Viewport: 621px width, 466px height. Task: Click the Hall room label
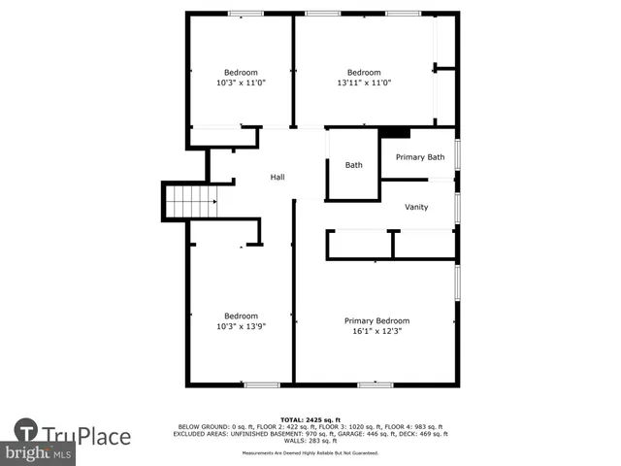278,178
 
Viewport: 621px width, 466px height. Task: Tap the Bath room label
354,165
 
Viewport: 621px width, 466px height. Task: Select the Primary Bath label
420,157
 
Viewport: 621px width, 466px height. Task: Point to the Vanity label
416,207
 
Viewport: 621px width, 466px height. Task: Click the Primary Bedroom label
376,320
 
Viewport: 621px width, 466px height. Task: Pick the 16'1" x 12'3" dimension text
376,331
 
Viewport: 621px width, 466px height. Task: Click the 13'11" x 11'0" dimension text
363,83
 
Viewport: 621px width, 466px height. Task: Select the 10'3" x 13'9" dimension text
241,326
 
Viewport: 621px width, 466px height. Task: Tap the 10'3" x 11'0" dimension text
241,83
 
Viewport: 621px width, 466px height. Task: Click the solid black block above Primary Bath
394,133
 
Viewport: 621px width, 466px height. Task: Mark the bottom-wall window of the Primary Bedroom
375,385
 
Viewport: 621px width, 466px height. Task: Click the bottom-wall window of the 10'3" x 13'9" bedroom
260,385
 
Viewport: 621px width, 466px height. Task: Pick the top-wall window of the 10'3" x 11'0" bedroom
245,13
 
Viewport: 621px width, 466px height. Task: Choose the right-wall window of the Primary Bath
457,155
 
